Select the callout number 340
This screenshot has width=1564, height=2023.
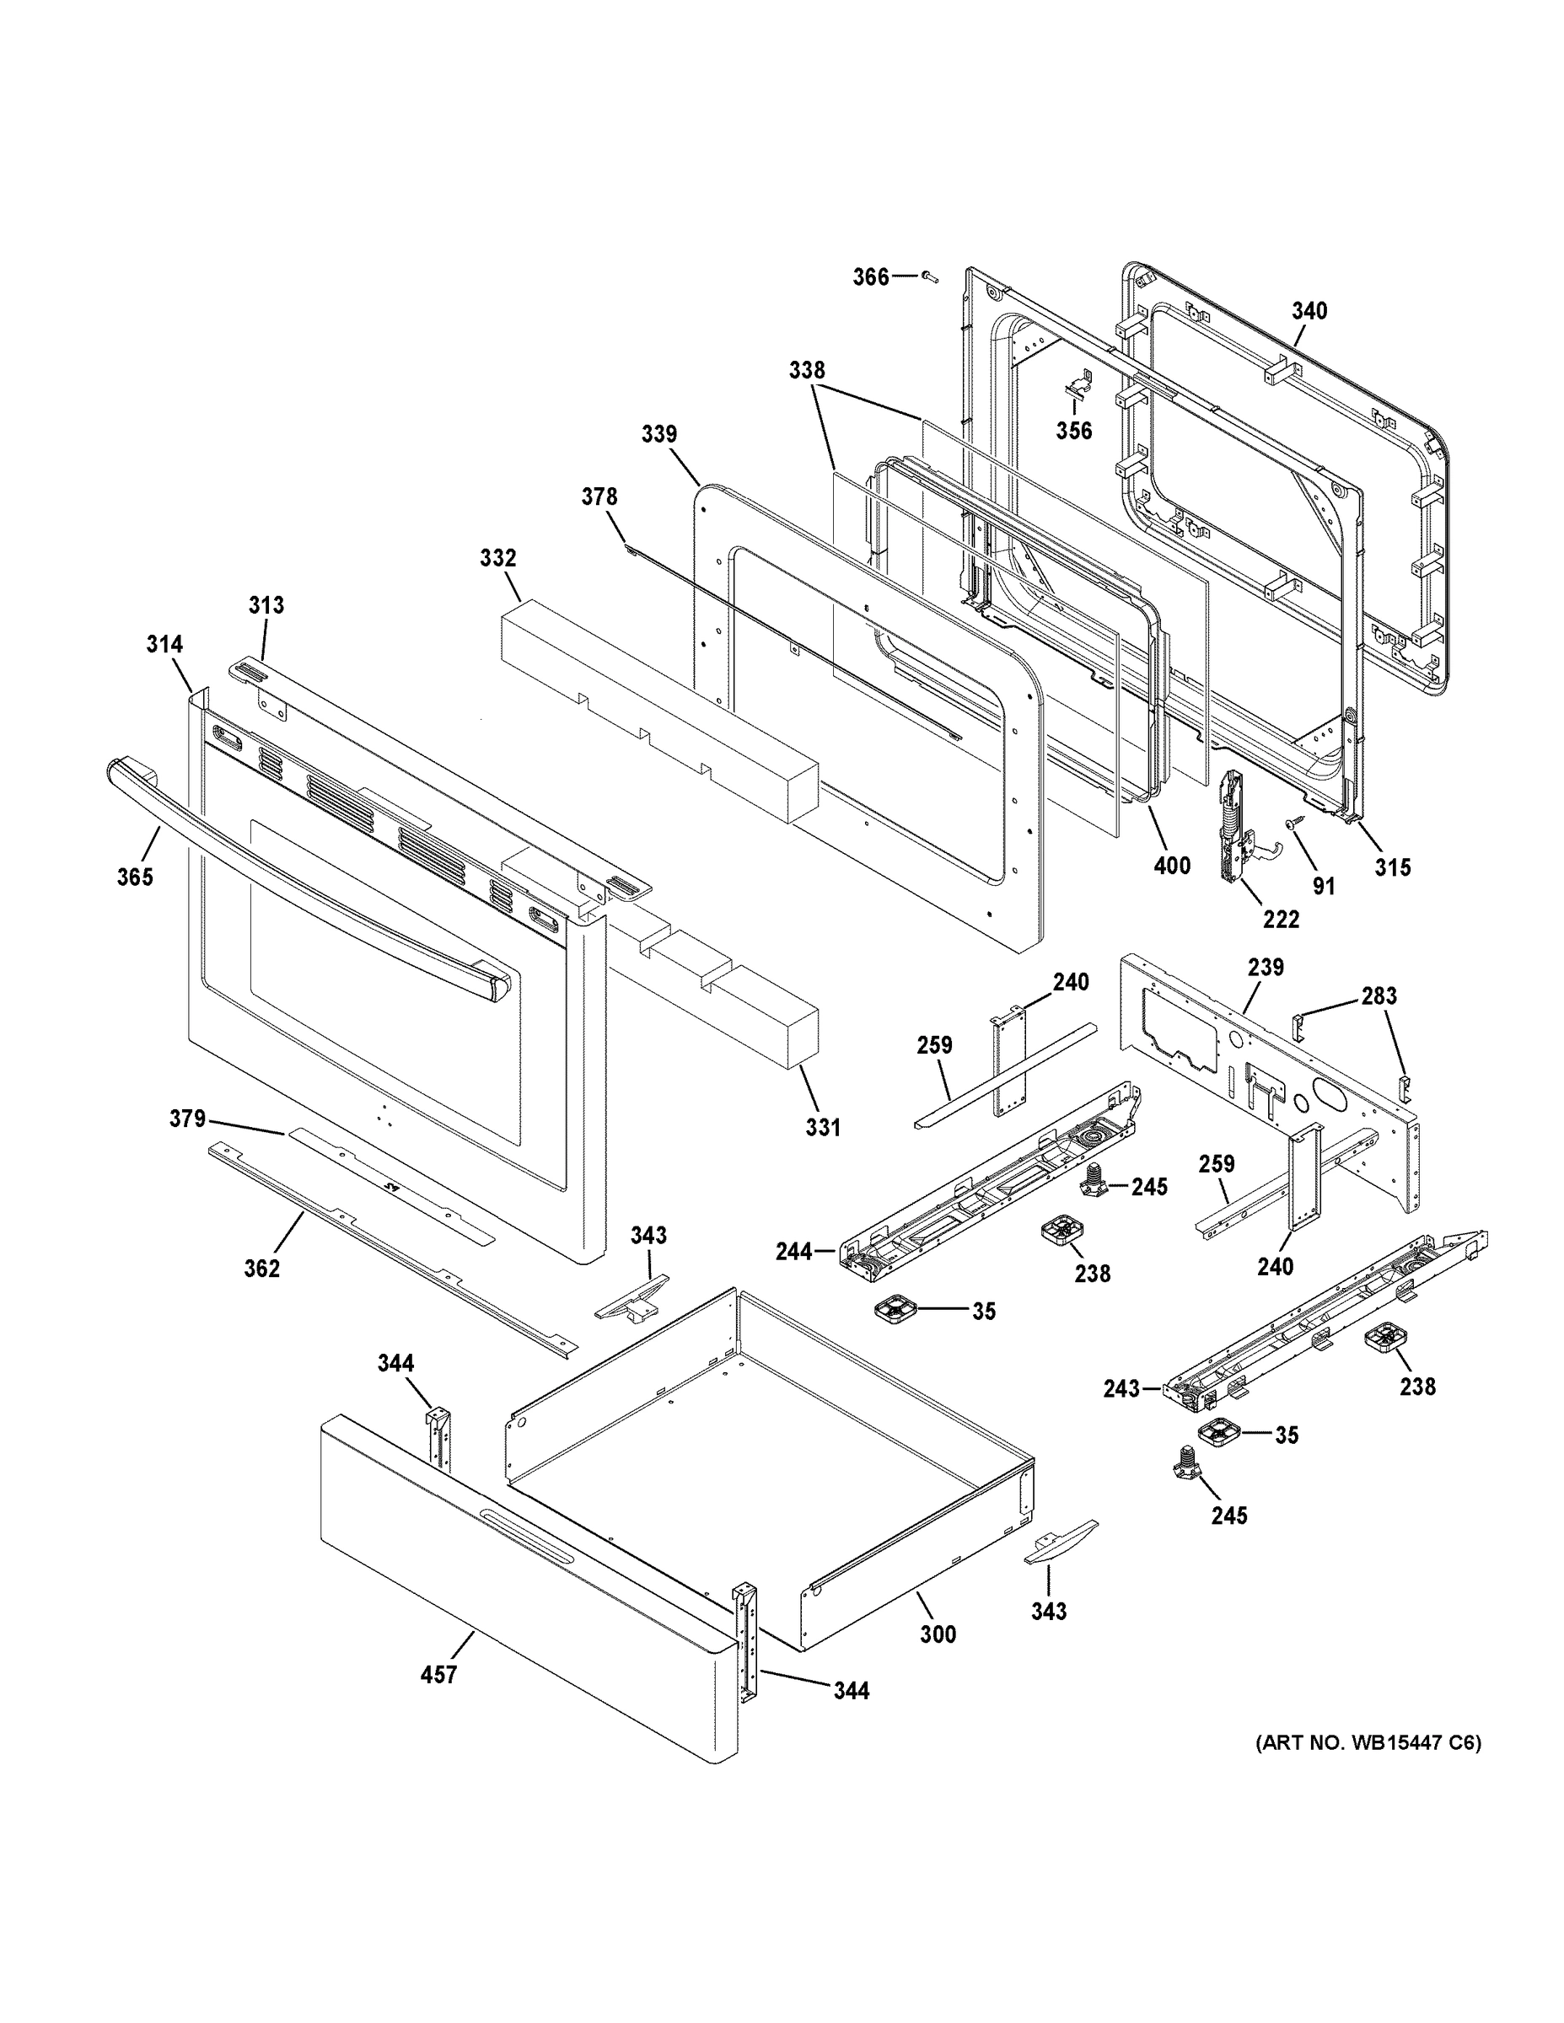(x=1309, y=311)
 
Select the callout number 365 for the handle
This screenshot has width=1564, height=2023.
(x=134, y=877)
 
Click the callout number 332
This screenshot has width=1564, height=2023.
(x=497, y=559)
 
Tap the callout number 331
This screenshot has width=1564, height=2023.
(x=822, y=1127)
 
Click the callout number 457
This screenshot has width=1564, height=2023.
(x=438, y=1675)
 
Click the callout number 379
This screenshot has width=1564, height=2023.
(x=187, y=1119)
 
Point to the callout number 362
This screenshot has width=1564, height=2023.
(x=261, y=1268)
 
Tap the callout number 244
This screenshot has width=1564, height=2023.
(x=794, y=1253)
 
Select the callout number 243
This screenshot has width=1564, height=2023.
(x=1121, y=1414)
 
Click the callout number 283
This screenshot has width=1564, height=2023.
(x=1378, y=995)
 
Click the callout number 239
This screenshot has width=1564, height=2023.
(x=1265, y=967)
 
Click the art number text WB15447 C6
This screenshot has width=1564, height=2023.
(x=1368, y=1743)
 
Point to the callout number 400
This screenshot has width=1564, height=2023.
(x=1171, y=866)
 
